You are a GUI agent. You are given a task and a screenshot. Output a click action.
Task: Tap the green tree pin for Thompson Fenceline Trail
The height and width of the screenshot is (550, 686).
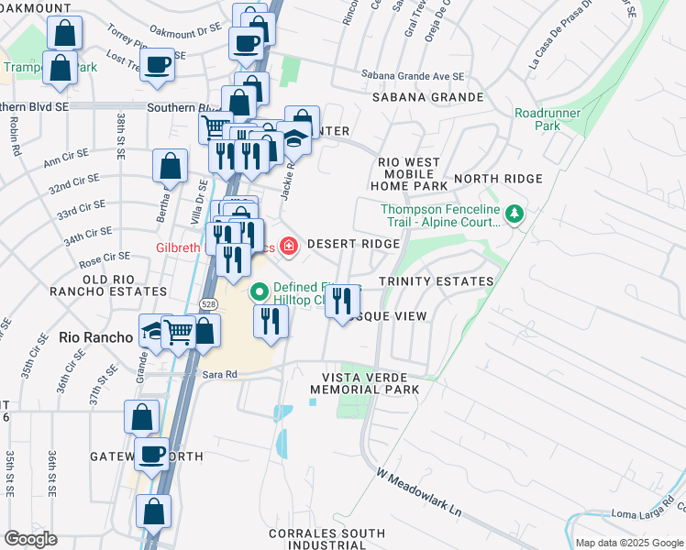[515, 214]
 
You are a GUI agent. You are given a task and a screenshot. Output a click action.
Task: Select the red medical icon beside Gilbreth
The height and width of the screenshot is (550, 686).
[289, 245]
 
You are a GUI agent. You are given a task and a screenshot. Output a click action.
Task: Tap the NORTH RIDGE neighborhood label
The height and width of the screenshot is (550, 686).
[498, 179]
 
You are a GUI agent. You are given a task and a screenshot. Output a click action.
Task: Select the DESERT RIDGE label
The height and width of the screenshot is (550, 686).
[353, 244]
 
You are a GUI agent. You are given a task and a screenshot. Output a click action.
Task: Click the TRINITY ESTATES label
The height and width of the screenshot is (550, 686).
[436, 281]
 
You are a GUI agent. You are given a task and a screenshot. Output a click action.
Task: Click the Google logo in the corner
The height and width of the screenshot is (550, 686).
[30, 539]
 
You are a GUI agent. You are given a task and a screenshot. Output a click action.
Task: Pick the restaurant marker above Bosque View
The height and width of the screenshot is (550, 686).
[342, 299]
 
